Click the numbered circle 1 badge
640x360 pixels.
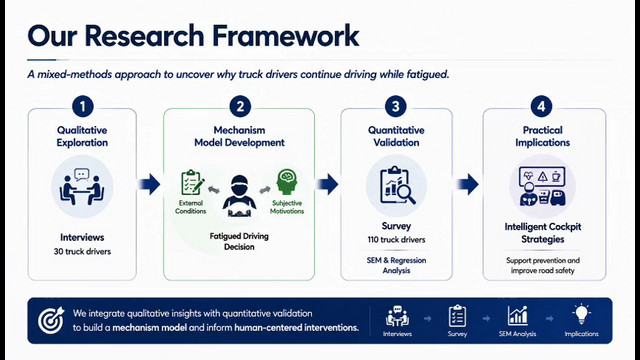coord(82,107)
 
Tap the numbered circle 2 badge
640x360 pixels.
coord(240,107)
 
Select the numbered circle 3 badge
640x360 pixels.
coord(396,107)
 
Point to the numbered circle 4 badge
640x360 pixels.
coord(541,107)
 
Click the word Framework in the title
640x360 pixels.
coord(285,36)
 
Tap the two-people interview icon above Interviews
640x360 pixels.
coord(82,187)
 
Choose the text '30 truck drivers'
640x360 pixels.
coord(82,251)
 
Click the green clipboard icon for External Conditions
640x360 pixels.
coord(192,182)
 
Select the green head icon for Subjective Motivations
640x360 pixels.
coord(287,182)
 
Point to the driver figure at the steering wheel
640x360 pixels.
coord(239,196)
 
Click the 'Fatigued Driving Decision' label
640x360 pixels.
coord(239,241)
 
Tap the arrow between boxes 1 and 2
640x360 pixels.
coord(149,184)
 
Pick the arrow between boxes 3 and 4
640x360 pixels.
coord(468,184)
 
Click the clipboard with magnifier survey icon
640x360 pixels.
coord(397,186)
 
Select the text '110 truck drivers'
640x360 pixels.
coord(396,240)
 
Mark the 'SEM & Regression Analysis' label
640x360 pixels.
coord(396,265)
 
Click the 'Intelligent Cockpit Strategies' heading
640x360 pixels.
coord(542,233)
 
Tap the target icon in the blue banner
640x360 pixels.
coord(51,320)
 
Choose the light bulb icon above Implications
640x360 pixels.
coord(581,315)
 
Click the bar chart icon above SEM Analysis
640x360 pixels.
coord(518,316)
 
